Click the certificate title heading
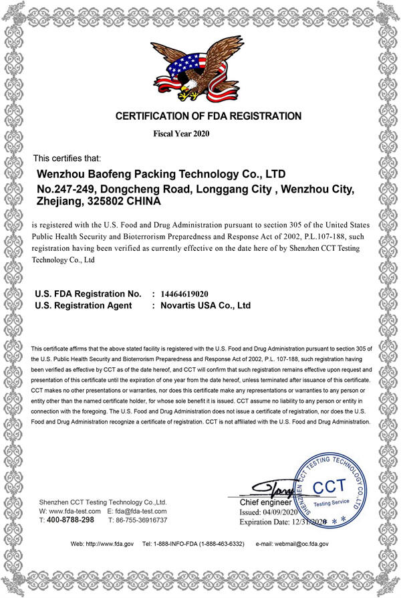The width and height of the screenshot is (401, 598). coord(209,116)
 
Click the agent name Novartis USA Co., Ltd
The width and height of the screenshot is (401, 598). coord(205,305)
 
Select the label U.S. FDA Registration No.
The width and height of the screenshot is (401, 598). coord(88,294)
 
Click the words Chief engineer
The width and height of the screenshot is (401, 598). coord(265,502)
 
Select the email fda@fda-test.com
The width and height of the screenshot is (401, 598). coord(141,510)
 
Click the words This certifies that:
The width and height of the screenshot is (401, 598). coord(67,159)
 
